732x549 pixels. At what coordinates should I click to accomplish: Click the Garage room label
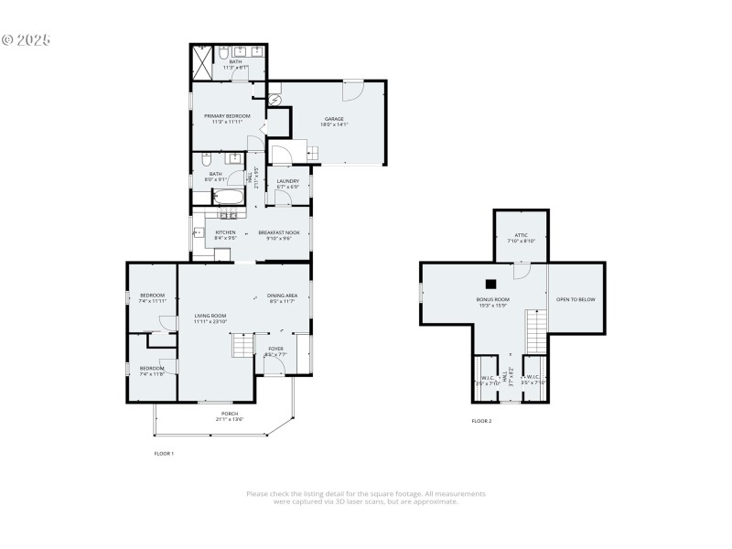coord(334,119)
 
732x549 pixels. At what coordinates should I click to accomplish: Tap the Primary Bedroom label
coord(227,116)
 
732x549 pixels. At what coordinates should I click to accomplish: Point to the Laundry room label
coord(288,181)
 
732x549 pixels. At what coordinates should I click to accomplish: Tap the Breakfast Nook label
coord(279,232)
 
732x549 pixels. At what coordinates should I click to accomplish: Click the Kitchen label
coord(226,232)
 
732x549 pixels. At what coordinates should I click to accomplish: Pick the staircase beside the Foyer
coord(242,346)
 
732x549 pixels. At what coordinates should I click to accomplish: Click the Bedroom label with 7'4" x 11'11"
coord(152,295)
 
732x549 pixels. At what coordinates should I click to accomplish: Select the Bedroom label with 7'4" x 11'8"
coord(152,368)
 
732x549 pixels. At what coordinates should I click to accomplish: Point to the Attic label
coord(520,235)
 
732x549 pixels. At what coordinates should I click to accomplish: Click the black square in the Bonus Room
coord(491,284)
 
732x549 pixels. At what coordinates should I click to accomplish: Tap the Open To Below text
coord(576,299)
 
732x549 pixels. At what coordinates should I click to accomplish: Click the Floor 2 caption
coord(481,421)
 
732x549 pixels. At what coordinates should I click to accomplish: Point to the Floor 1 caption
coord(164,453)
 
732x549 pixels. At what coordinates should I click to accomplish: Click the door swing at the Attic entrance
coord(521,271)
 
